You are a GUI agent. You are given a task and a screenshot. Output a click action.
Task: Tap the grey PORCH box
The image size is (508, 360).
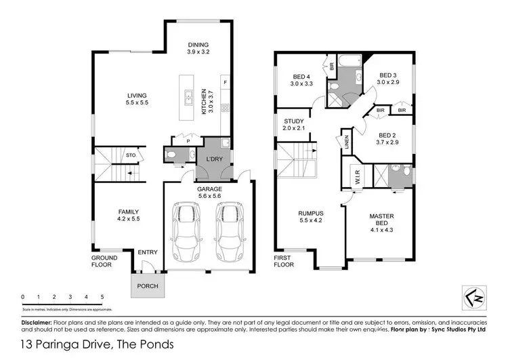pyautogui.click(x=148, y=285)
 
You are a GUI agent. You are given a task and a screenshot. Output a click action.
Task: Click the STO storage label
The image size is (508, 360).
pyautogui.click(x=131, y=155)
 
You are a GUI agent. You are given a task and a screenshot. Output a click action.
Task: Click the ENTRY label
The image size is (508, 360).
pyautogui.click(x=148, y=253)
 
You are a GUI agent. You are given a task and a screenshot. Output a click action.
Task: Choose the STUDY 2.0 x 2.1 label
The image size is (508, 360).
pyautogui.click(x=295, y=124)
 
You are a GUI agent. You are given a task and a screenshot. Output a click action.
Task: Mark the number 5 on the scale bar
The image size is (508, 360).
pyautogui.click(x=102, y=297)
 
